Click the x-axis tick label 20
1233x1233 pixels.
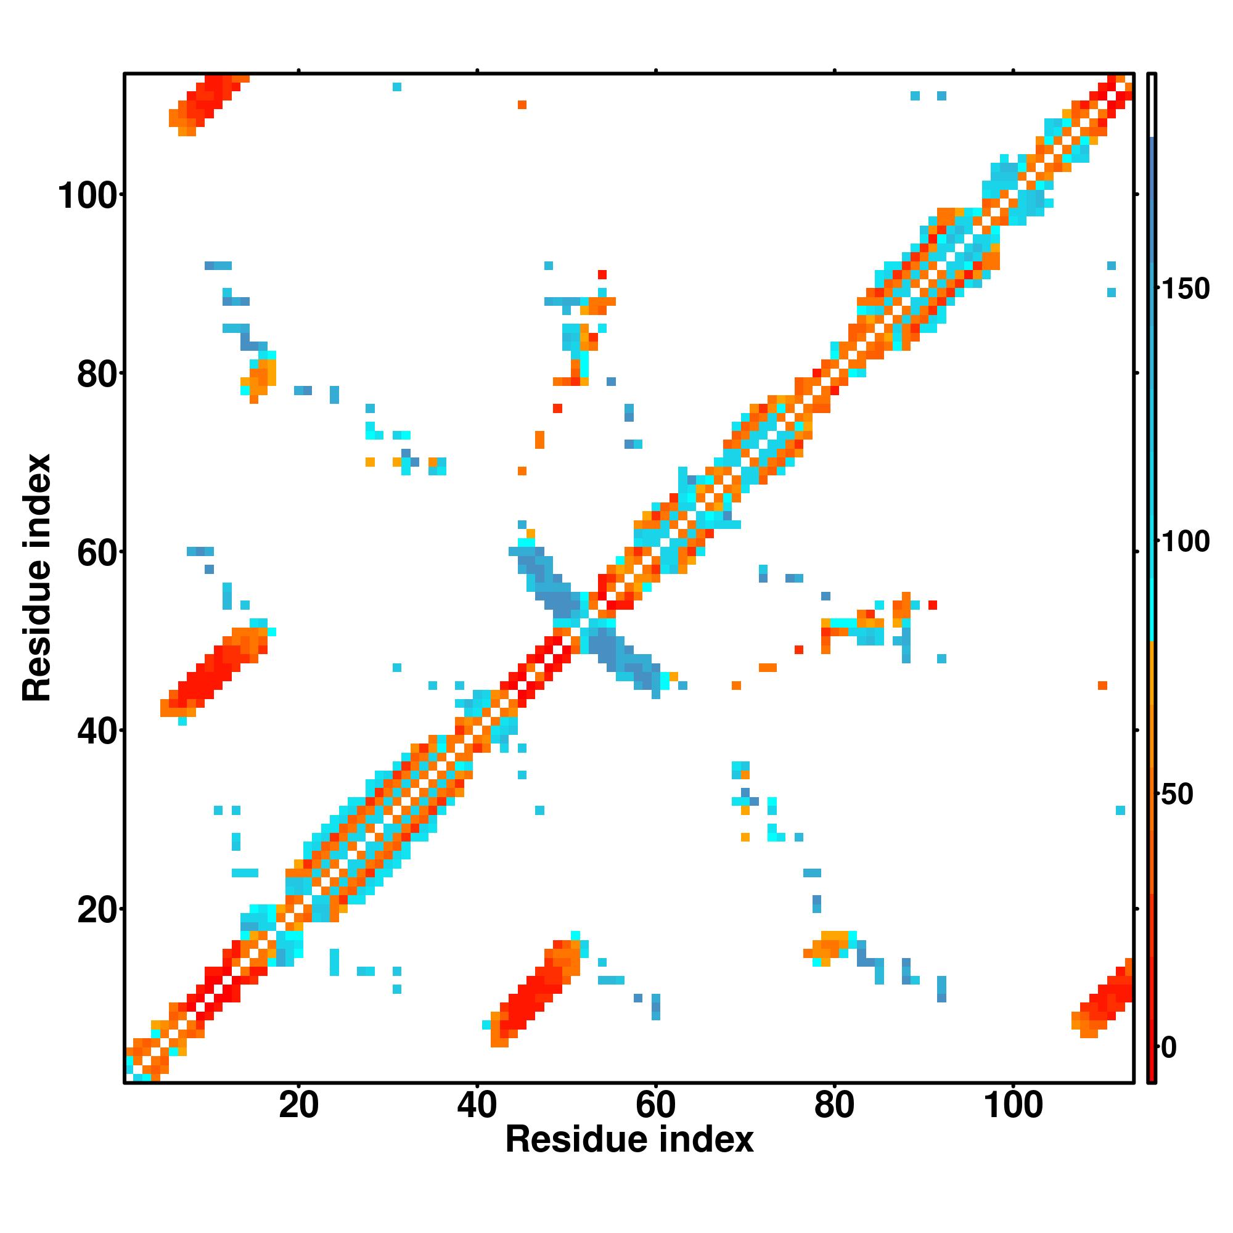[x=298, y=1105]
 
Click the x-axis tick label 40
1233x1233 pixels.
[x=477, y=1105]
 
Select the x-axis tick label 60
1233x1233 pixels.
[x=655, y=1105]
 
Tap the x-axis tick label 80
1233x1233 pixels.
[x=834, y=1105]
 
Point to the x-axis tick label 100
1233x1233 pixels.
[x=1013, y=1105]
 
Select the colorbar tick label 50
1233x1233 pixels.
[x=1177, y=795]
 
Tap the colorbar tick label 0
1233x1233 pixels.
[x=1169, y=1047]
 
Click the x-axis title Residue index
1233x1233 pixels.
[x=629, y=1139]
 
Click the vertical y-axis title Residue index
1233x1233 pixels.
[x=37, y=578]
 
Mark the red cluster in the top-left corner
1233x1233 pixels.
[x=207, y=102]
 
